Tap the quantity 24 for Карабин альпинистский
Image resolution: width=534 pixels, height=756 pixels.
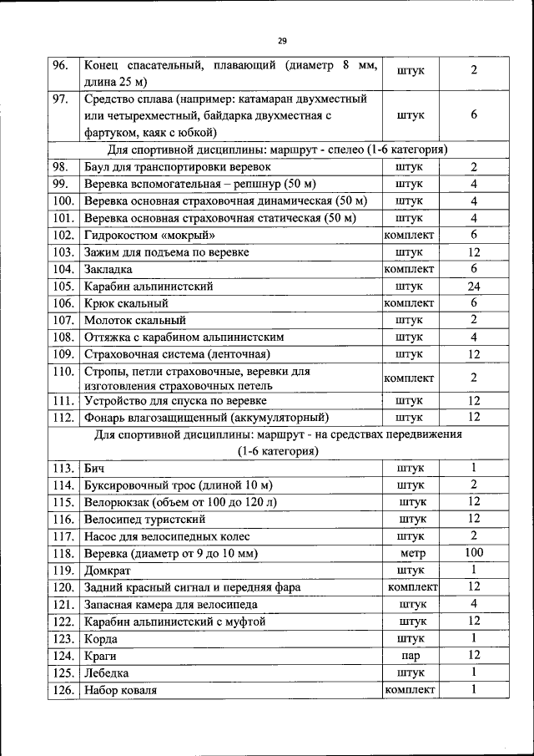[x=473, y=286]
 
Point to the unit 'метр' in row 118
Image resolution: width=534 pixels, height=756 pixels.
[x=412, y=553]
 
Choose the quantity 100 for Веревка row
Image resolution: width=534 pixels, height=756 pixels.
[x=473, y=553]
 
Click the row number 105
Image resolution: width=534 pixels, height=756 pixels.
[x=63, y=286]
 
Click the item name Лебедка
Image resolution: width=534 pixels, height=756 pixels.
[x=107, y=672]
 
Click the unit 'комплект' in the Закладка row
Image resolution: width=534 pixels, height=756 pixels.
[x=410, y=269]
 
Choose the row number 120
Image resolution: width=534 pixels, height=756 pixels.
[x=63, y=587]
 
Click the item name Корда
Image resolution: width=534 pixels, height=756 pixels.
[x=102, y=638]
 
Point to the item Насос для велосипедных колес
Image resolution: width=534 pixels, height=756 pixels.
[x=167, y=536]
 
